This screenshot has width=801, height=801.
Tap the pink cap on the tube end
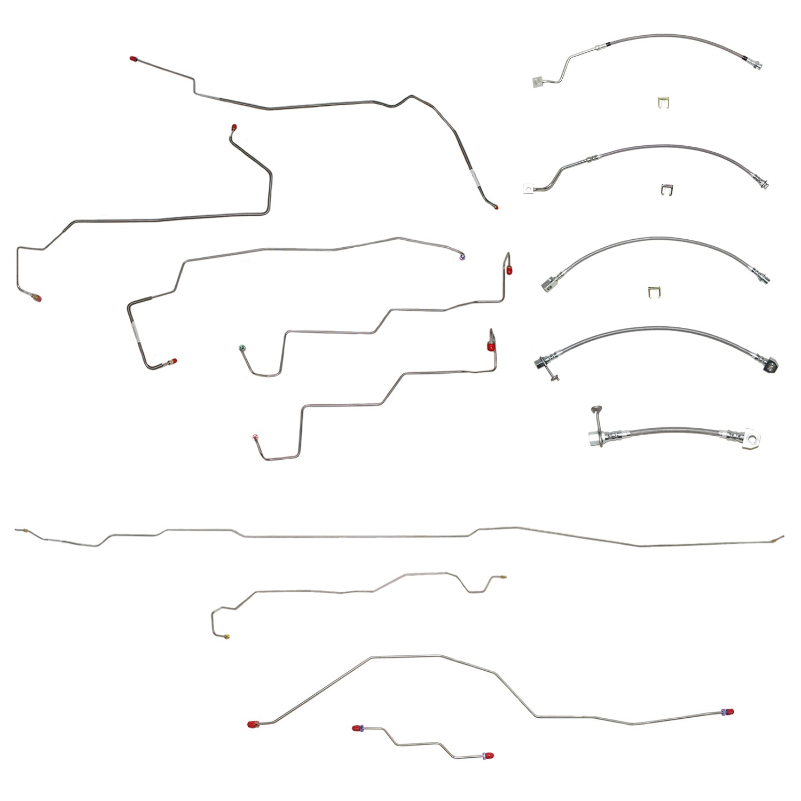coord(255,437)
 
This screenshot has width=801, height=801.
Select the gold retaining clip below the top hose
coord(661,101)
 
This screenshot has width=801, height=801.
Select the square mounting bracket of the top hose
coord(538,82)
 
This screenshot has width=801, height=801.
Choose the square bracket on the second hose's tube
coord(529,187)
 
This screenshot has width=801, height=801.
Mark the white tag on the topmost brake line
coord(474,178)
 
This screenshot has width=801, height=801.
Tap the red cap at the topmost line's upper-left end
coord(132,58)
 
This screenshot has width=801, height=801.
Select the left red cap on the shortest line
coord(356,728)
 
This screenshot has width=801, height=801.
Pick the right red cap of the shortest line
coord(489,756)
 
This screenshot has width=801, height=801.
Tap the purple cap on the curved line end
coord(462,258)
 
